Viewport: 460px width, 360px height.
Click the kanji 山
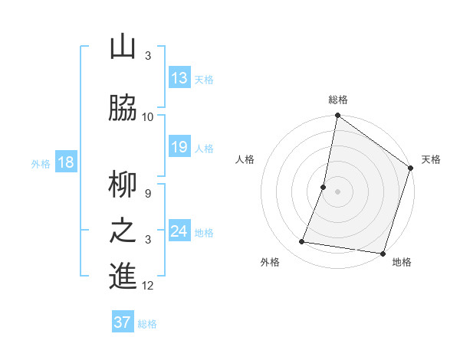[x=123, y=47]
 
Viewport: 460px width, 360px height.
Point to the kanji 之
[x=123, y=231]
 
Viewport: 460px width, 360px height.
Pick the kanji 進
[x=123, y=277]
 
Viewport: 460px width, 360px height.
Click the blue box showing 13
[x=179, y=78]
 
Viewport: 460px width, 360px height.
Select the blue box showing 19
[x=179, y=147]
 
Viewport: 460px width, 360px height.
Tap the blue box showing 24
[x=179, y=231]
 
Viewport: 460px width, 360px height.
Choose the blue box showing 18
[x=65, y=162]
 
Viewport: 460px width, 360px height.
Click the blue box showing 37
[x=123, y=322]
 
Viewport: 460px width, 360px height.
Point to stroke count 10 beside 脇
[x=148, y=117]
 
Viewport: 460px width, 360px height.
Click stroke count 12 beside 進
[x=148, y=286]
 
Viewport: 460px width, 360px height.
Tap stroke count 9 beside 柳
[x=148, y=194]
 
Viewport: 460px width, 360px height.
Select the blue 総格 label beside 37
[x=147, y=324]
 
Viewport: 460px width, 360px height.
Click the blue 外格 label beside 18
[x=41, y=164]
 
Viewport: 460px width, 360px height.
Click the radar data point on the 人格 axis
[x=324, y=187]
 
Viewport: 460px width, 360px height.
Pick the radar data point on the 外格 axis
[x=302, y=242]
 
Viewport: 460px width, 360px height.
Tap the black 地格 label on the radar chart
[x=402, y=263]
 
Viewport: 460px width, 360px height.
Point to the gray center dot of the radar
[x=337, y=191]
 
